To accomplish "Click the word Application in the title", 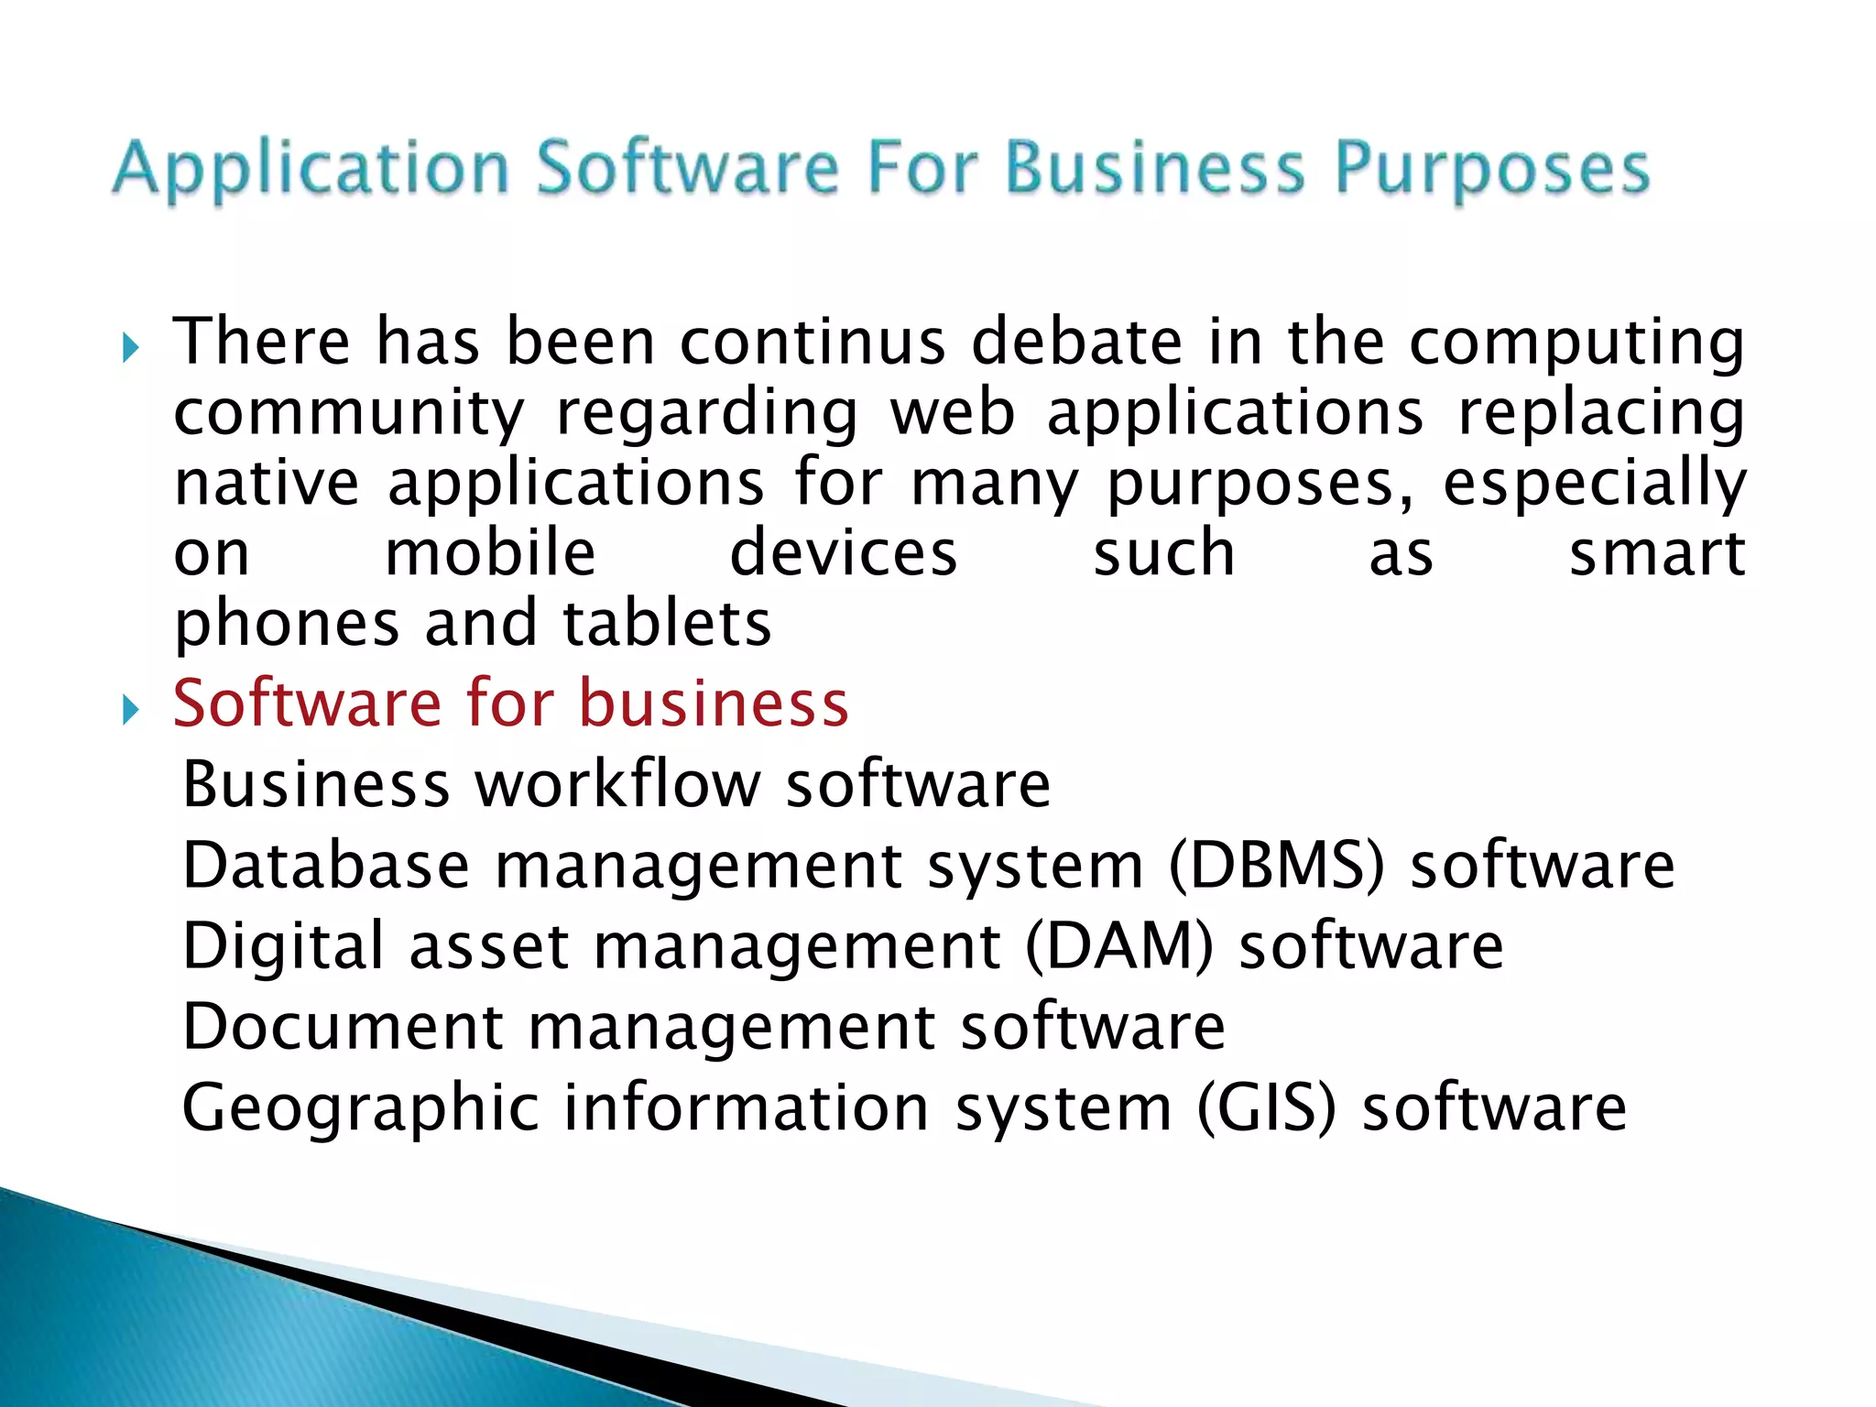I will pyautogui.click(x=311, y=169).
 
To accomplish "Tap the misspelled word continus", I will pyautogui.click(x=813, y=342).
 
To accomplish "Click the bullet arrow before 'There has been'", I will pyautogui.click(x=130, y=348).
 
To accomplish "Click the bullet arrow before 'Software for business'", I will pyautogui.click(x=130, y=709).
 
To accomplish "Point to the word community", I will pyautogui.click(x=349, y=413).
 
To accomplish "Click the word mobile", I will pyautogui.click(x=490, y=553).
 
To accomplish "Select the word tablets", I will pyautogui.click(x=667, y=624).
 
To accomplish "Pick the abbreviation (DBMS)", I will pyautogui.click(x=1277, y=866).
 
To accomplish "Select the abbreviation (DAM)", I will pyautogui.click(x=1118, y=946).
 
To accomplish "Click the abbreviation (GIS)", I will pyautogui.click(x=1266, y=1108).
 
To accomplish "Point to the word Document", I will pyautogui.click(x=343, y=1027).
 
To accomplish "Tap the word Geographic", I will pyautogui.click(x=361, y=1108).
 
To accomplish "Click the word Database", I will pyautogui.click(x=326, y=866).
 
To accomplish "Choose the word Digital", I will pyautogui.click(x=283, y=946).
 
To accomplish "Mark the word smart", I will pyautogui.click(x=1657, y=553).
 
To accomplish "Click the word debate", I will pyautogui.click(x=1077, y=342).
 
